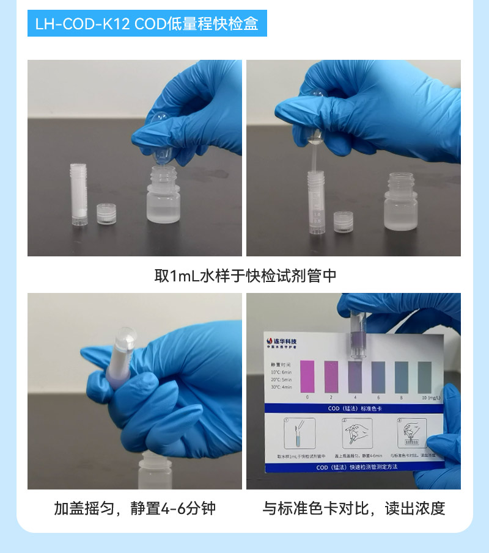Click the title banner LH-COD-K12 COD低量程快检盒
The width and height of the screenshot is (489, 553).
point(147,24)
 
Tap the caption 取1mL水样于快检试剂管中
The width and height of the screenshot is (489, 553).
point(244,276)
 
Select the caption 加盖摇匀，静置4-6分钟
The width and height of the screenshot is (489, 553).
point(134,508)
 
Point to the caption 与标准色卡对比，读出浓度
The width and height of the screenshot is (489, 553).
point(354,508)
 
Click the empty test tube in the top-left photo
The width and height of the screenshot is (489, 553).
point(76,195)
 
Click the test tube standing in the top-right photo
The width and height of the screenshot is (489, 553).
point(317,201)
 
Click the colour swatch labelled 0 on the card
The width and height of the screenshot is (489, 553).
point(307,377)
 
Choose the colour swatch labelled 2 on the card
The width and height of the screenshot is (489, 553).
point(331,377)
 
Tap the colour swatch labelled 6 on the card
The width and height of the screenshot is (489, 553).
point(378,377)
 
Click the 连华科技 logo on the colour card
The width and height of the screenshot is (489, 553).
point(282,342)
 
